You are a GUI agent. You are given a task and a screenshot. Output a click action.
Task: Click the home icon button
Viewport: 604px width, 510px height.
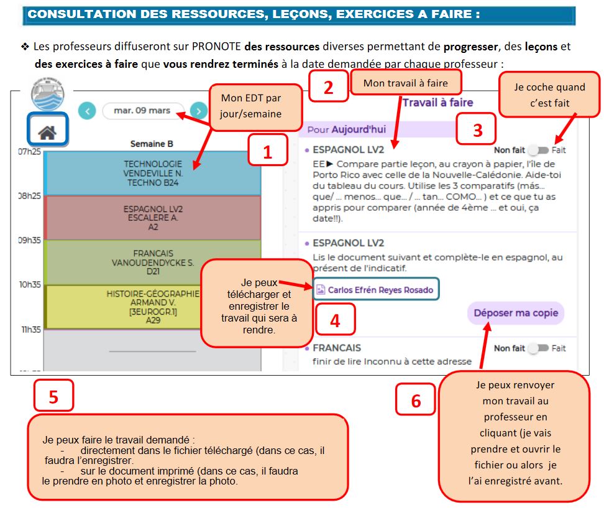47,131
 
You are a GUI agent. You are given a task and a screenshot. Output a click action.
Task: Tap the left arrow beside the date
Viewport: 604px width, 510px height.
88,111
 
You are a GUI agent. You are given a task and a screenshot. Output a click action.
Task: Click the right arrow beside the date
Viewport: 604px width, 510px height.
198,111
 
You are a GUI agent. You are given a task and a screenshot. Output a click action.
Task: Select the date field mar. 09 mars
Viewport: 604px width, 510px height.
142,111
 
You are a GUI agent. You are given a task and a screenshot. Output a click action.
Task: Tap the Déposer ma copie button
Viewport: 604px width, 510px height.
515,313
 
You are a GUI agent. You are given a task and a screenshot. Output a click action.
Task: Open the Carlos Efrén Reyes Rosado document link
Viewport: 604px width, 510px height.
376,289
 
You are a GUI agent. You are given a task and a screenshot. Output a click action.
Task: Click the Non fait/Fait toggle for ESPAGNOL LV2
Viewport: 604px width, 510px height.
538,151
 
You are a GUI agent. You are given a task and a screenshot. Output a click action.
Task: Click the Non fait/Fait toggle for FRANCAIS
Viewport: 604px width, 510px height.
538,348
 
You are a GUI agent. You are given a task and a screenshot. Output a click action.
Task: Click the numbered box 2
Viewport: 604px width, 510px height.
329,87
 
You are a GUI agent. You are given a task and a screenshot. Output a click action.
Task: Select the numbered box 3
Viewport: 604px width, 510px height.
477,129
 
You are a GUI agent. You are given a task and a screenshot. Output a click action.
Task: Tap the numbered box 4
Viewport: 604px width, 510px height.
335,320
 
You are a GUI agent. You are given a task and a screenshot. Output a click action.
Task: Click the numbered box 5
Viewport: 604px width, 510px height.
53,396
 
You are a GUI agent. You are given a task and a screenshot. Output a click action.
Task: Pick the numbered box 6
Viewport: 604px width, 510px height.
416,400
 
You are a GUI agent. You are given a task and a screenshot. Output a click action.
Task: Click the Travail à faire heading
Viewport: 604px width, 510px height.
437,103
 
